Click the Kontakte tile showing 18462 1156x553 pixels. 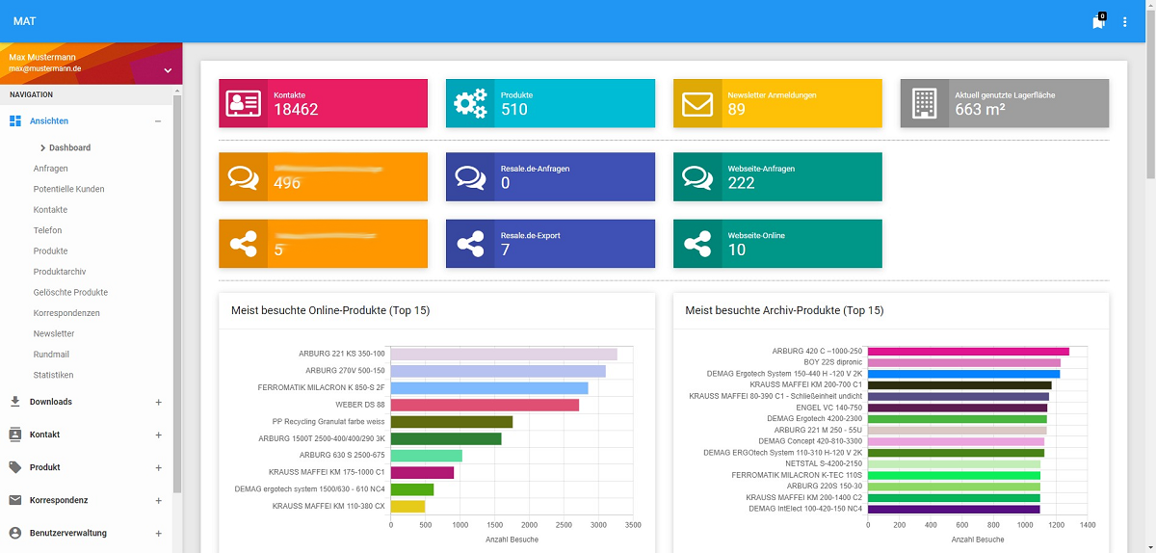[323, 103]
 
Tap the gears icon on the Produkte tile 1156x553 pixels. [470, 103]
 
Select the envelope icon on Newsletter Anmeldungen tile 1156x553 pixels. [697, 103]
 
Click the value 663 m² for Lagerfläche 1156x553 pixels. [980, 110]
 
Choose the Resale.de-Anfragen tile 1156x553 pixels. [550, 176]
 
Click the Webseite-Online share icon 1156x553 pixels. [697, 244]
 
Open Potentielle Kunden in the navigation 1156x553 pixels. [68, 189]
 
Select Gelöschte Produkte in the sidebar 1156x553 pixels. [70, 292]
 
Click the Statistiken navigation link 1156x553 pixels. [53, 375]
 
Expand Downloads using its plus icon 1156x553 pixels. [158, 402]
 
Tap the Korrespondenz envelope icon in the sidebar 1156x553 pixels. [14, 500]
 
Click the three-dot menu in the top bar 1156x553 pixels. [1124, 21]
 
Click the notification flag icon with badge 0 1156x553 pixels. [1098, 22]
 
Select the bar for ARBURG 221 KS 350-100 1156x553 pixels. [503, 354]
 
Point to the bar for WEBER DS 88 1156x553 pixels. [485, 405]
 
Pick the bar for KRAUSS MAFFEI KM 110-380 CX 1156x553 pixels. [407, 506]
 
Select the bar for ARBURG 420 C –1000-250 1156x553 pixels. [968, 351]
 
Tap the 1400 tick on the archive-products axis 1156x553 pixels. [1088, 525]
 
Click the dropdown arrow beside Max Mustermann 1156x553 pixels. [168, 69]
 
